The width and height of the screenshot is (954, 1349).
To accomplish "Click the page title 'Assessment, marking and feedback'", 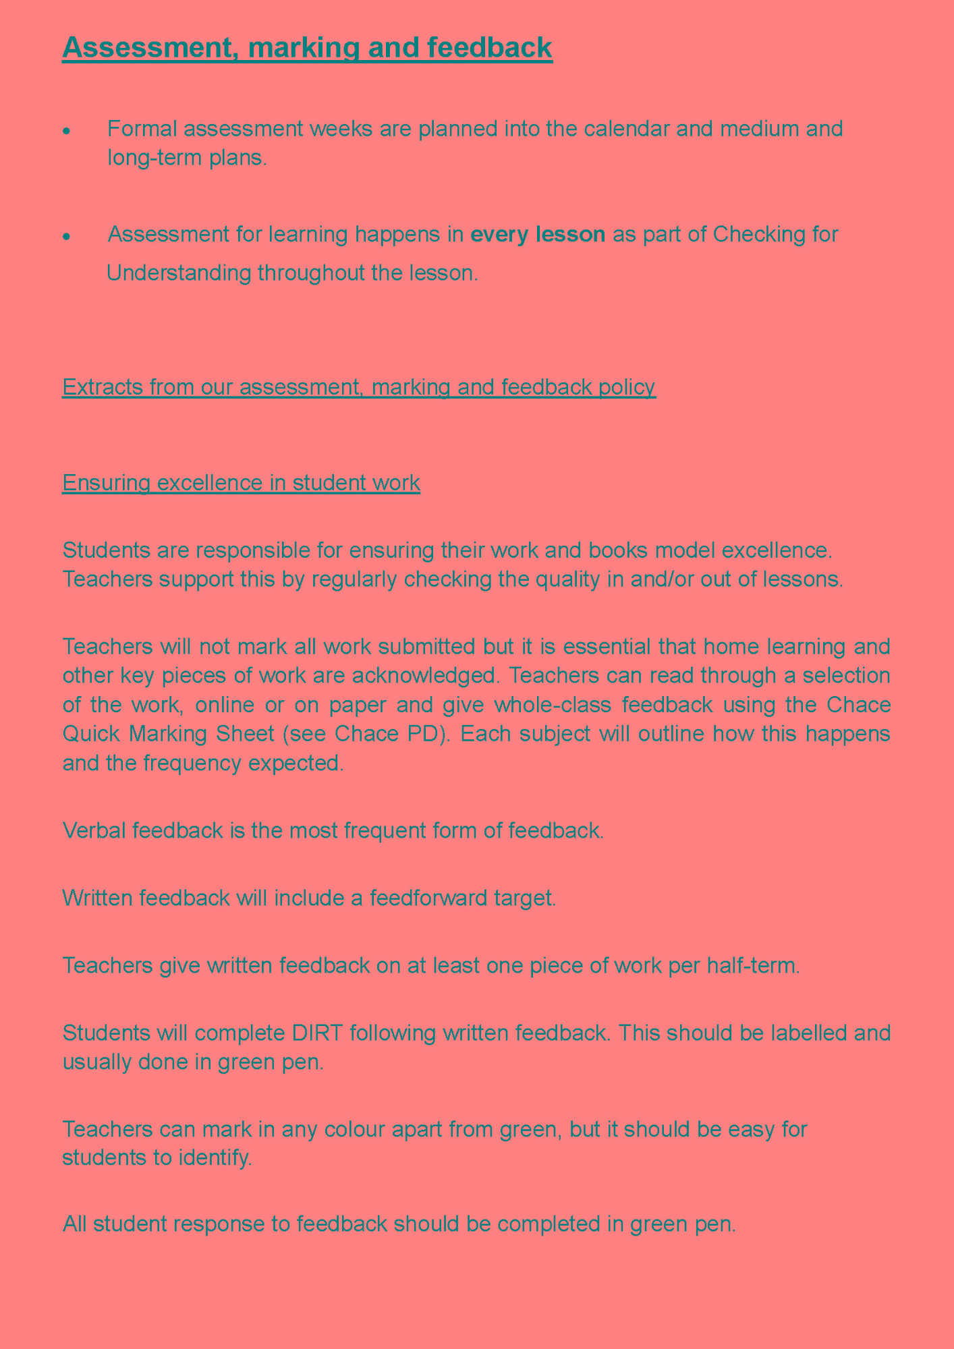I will [307, 49].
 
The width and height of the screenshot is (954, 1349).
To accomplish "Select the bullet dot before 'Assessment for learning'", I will [66, 237].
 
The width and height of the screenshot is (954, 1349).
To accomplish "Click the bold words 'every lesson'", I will [537, 235].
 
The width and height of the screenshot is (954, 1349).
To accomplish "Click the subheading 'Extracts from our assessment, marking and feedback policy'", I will [358, 387].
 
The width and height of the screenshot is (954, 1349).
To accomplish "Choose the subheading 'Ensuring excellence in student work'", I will [241, 483].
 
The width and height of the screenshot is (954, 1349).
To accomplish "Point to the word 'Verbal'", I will [94, 830].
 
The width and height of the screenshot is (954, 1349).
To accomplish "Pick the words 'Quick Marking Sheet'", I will [191, 733].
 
